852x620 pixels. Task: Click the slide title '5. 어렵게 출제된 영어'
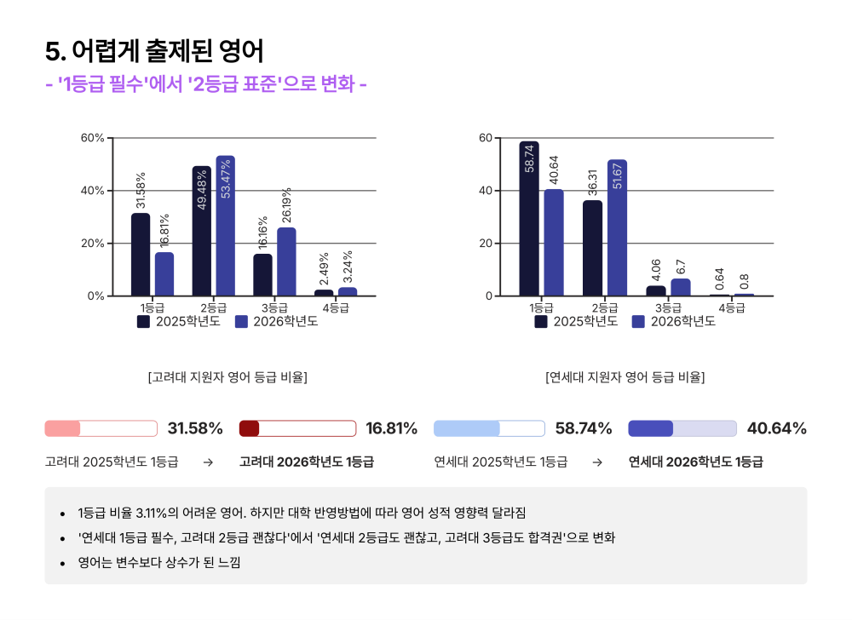pyautogui.click(x=154, y=52)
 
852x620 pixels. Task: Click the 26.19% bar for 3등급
pyautogui.click(x=286, y=261)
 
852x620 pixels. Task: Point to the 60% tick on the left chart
pyautogui.click(x=92, y=138)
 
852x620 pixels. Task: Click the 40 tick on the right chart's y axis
pyautogui.click(x=486, y=191)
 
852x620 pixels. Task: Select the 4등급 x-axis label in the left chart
pyautogui.click(x=337, y=307)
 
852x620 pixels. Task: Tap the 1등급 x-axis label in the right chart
pyautogui.click(x=542, y=307)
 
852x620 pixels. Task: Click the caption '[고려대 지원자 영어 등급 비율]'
pyautogui.click(x=227, y=376)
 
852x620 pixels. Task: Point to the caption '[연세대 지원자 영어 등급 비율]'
pyautogui.click(x=625, y=376)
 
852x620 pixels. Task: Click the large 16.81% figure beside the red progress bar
pyautogui.click(x=391, y=428)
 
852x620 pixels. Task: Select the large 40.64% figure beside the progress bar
pyautogui.click(x=776, y=428)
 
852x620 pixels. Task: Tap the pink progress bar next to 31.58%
pyautogui.click(x=101, y=428)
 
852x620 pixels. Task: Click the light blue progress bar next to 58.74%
pyautogui.click(x=489, y=428)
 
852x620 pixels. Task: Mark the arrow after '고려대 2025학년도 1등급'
pyautogui.click(x=208, y=462)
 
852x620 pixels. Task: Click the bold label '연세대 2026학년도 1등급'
pyautogui.click(x=695, y=462)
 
